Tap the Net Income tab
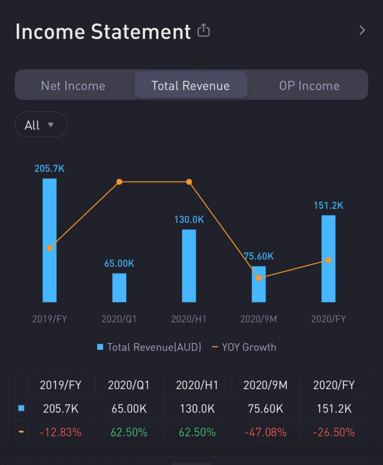[73, 86]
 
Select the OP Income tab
[309, 86]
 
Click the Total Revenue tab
[190, 86]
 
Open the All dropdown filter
[40, 125]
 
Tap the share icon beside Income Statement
[204, 30]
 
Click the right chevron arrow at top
[362, 30]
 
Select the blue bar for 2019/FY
[50, 241]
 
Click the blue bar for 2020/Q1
[119, 288]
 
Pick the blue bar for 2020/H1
[189, 266]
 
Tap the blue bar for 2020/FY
[328, 259]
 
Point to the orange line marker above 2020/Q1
[119, 182]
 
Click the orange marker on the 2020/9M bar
[258, 278]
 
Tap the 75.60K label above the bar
[258, 256]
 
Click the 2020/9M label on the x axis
[258, 319]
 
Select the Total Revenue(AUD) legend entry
[149, 347]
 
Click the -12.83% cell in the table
[61, 432]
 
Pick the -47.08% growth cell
[266, 432]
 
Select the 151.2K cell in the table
[334, 409]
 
